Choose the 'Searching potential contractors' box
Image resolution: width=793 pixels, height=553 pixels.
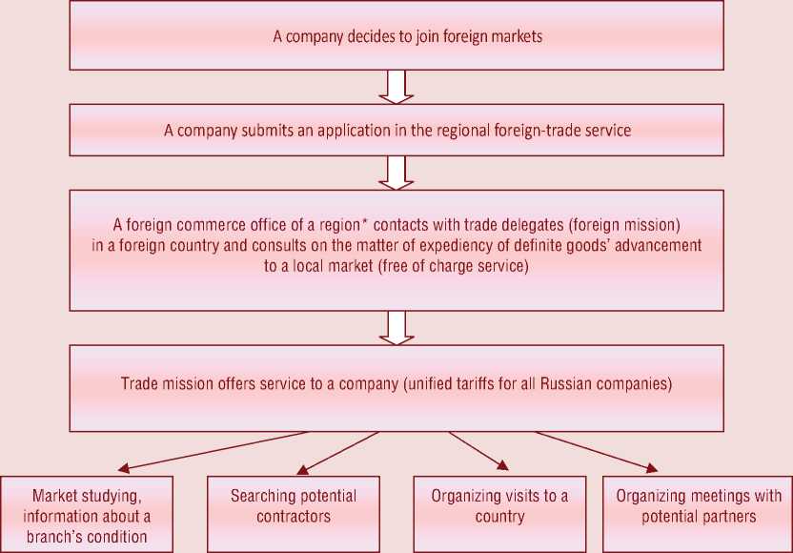point(294,515)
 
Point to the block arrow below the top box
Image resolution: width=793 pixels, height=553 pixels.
point(396,87)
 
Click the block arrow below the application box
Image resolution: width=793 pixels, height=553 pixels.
point(396,172)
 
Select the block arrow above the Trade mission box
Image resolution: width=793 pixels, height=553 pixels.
point(396,327)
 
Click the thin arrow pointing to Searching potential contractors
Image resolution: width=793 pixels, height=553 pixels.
point(338,451)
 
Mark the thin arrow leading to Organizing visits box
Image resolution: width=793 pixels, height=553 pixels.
point(477,450)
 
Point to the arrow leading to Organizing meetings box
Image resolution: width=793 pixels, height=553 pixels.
point(596,451)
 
